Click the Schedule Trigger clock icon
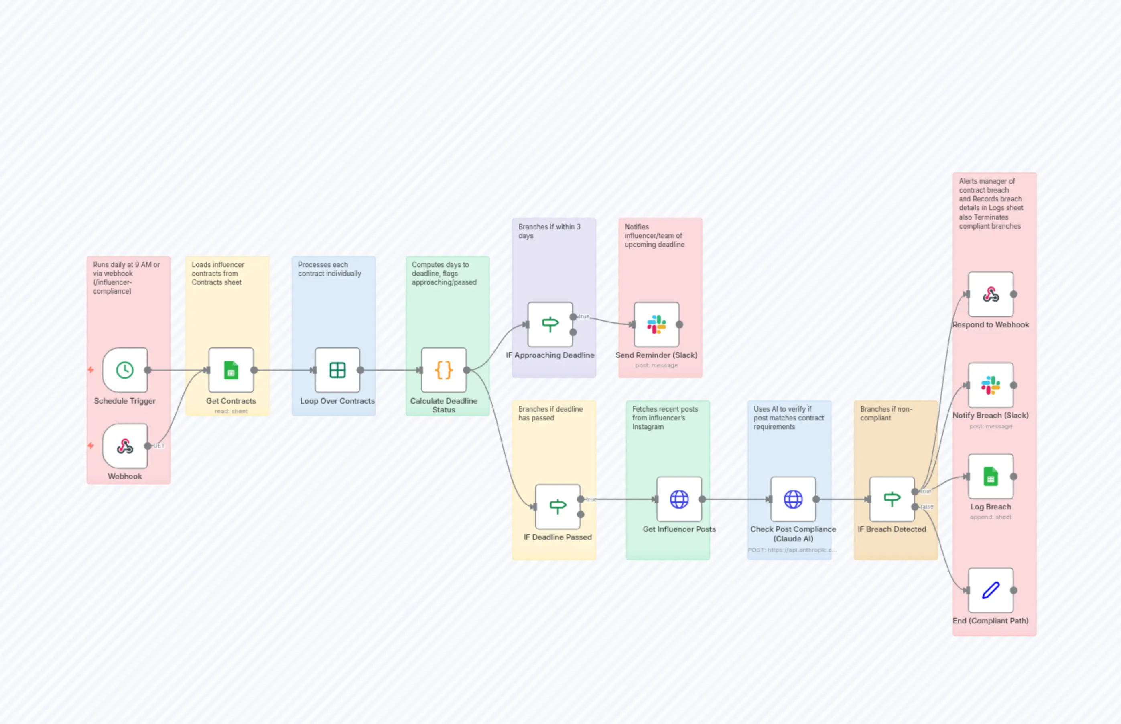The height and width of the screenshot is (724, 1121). pyautogui.click(x=125, y=370)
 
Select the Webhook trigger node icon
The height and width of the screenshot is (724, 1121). pyautogui.click(x=125, y=446)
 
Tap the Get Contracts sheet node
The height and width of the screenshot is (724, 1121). pyautogui.click(x=231, y=370)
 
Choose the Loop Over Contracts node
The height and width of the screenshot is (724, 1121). pyautogui.click(x=337, y=370)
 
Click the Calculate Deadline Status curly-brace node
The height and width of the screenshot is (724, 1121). pyautogui.click(x=443, y=370)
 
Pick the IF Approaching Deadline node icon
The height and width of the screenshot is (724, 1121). pyautogui.click(x=550, y=324)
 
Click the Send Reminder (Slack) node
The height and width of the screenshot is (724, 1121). pyautogui.click(x=656, y=324)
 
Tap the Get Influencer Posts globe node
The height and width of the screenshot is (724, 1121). pyautogui.click(x=679, y=499)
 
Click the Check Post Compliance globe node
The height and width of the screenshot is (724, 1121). pyautogui.click(x=793, y=499)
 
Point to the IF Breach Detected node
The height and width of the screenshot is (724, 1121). pyautogui.click(x=892, y=499)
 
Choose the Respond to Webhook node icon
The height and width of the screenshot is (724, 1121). pyautogui.click(x=990, y=294)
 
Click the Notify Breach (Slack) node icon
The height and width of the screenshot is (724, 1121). pyautogui.click(x=990, y=385)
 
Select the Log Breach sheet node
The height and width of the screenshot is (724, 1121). pyautogui.click(x=990, y=476)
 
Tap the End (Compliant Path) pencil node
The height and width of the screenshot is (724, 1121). pyautogui.click(x=990, y=590)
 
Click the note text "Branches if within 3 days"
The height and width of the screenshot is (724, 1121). pyautogui.click(x=549, y=231)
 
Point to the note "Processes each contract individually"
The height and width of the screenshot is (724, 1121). pyautogui.click(x=329, y=269)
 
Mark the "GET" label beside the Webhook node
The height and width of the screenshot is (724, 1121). pyautogui.click(x=159, y=446)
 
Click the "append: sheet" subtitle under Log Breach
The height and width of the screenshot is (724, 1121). pyautogui.click(x=990, y=517)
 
